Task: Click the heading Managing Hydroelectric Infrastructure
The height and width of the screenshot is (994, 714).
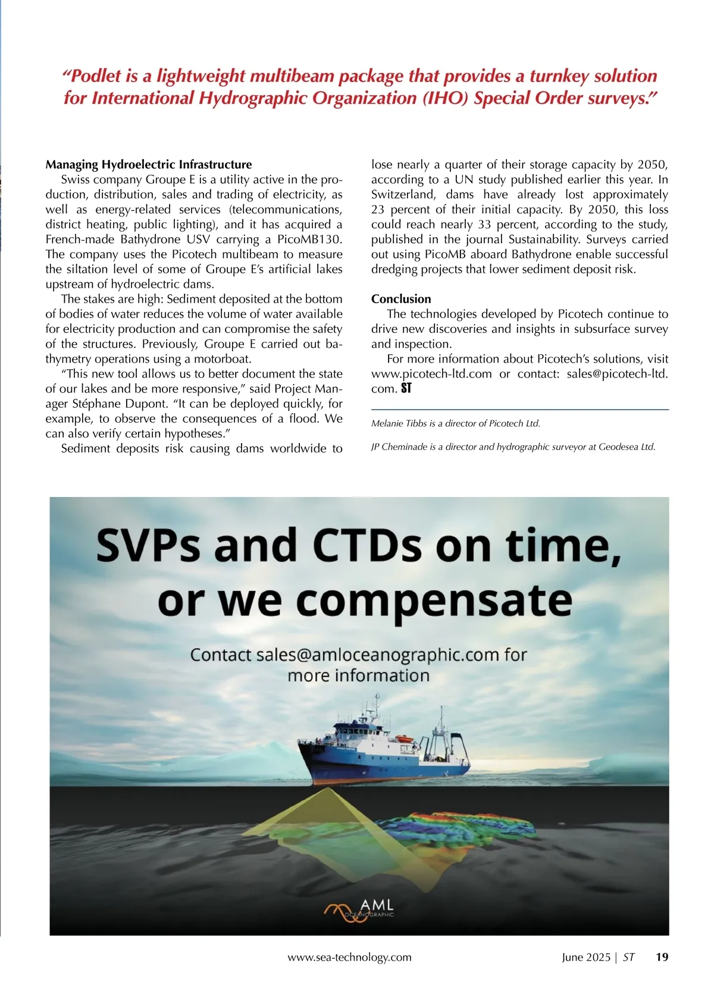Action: pyautogui.click(x=149, y=165)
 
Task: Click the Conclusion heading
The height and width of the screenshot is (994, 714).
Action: pyautogui.click(x=401, y=299)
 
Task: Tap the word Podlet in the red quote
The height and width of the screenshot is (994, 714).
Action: pyautogui.click(x=97, y=76)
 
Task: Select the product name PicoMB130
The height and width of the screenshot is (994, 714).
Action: pyautogui.click(x=310, y=240)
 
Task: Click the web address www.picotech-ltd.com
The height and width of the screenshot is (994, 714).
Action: pyautogui.click(x=431, y=374)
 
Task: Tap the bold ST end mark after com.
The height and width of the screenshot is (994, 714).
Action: pyautogui.click(x=406, y=389)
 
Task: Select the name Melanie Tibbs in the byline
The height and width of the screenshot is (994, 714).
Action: pyautogui.click(x=397, y=424)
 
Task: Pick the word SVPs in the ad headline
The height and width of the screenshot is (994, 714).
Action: pyautogui.click(x=148, y=546)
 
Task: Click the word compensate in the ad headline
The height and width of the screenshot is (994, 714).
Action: pyautogui.click(x=434, y=600)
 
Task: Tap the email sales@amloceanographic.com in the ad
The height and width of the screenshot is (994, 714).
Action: pyautogui.click(x=377, y=655)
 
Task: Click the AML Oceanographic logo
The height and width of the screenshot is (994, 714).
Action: pyautogui.click(x=359, y=908)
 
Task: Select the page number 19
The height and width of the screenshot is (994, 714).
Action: pyautogui.click(x=662, y=957)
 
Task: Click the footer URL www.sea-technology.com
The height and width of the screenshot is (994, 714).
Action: pyautogui.click(x=349, y=957)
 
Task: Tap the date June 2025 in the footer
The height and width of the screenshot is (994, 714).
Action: pyautogui.click(x=586, y=957)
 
